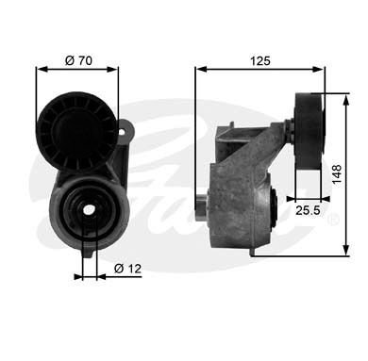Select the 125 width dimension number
[x=259, y=59]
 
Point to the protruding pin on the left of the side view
[x=202, y=201]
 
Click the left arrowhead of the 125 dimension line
[x=199, y=69]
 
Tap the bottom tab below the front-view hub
[x=90, y=250]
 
